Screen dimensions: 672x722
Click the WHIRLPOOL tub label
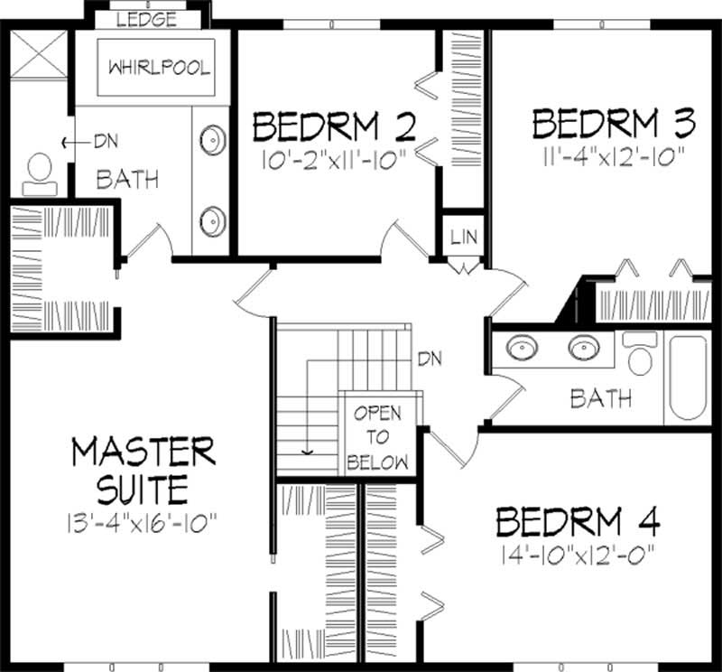[x=159, y=68]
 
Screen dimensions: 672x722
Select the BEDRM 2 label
[x=333, y=127]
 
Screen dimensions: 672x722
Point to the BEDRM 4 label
[x=578, y=522]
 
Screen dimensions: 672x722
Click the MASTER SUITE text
[x=143, y=470]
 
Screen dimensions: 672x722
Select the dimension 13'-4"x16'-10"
[x=143, y=521]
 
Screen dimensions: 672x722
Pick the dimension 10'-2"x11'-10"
[x=333, y=159]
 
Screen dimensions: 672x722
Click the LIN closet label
[x=464, y=238]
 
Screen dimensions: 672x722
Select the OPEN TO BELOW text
[x=377, y=439]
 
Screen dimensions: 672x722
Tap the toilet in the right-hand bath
[x=640, y=355]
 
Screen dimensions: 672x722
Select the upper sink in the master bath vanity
[x=212, y=140]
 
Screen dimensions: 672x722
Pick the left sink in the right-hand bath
[x=519, y=348]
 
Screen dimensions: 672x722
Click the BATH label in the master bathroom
[x=127, y=179]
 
